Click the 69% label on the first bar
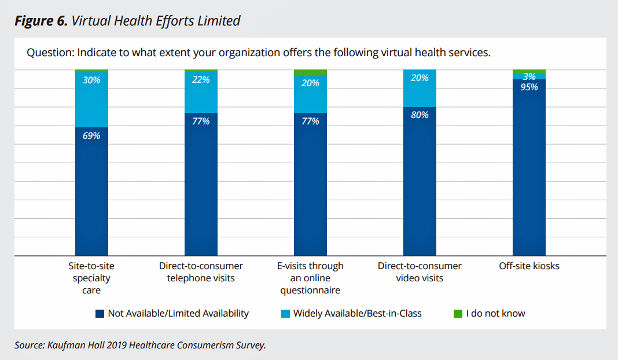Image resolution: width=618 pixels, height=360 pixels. pyautogui.click(x=91, y=135)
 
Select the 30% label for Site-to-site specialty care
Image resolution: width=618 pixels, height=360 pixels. pyautogui.click(x=91, y=80)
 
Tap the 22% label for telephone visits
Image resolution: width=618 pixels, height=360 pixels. pyautogui.click(x=201, y=80)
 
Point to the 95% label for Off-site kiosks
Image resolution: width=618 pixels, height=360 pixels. pyautogui.click(x=529, y=87)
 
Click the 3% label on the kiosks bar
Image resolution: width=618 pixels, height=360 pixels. pyautogui.click(x=529, y=76)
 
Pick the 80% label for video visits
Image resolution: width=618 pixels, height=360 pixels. pyautogui.click(x=420, y=115)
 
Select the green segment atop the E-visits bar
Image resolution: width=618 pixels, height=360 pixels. pyautogui.click(x=310, y=72)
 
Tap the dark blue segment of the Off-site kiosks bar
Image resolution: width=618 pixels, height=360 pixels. pyautogui.click(x=529, y=174)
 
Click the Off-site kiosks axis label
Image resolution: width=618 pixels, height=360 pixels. pyautogui.click(x=529, y=266)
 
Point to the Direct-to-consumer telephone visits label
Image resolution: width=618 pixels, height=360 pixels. pyautogui.click(x=201, y=272)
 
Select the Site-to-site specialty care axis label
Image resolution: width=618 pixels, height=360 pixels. pyautogui.click(x=91, y=278)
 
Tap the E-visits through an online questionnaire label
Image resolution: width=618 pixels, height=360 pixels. pyautogui.click(x=310, y=278)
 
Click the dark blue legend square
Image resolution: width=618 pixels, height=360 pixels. pyautogui.click(x=100, y=314)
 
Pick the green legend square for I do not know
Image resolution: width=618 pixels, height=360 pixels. pyautogui.click(x=458, y=314)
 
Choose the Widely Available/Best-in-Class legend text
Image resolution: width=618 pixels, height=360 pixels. pyautogui.click(x=357, y=314)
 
